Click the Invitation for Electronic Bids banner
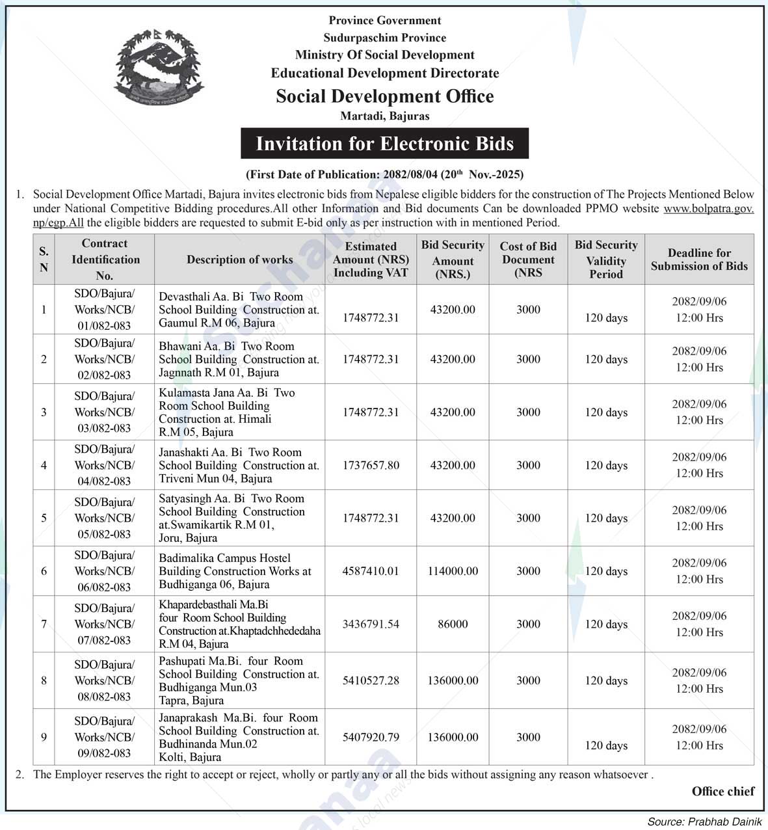[x=384, y=144]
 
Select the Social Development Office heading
[x=384, y=96]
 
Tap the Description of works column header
[x=239, y=260]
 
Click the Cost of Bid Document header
[x=528, y=260]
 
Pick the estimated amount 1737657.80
[x=371, y=465]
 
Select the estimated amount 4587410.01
[x=371, y=571]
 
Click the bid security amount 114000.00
[x=453, y=571]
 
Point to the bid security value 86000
[x=453, y=624]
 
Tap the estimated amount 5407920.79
[x=371, y=737]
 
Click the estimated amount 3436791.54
[x=371, y=624]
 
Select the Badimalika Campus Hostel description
[x=235, y=571]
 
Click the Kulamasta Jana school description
[x=226, y=412]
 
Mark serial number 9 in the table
[x=44, y=737]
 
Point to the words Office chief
[x=722, y=792]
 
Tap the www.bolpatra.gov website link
[x=708, y=209]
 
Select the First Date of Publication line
[x=384, y=174]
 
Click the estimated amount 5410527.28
[x=371, y=680]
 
